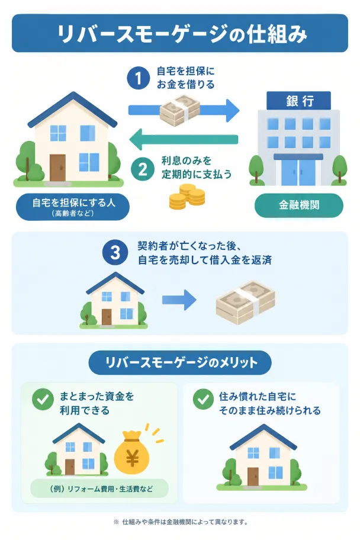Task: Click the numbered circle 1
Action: [x=138, y=78]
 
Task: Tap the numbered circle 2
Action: [x=142, y=169]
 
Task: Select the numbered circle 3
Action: [x=115, y=252]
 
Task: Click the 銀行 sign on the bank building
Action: [x=298, y=101]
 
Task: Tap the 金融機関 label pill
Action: [x=298, y=205]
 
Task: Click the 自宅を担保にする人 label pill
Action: [x=73, y=207]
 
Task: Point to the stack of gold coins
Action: [x=187, y=197]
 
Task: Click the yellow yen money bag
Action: [x=132, y=453]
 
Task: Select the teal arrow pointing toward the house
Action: [x=184, y=140]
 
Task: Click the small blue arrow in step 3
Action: [x=179, y=300]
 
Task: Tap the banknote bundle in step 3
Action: [x=245, y=303]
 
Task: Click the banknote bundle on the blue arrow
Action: [x=179, y=110]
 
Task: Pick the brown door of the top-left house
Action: [x=57, y=168]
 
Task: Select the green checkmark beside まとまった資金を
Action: [x=43, y=400]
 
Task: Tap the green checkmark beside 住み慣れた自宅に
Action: [x=203, y=400]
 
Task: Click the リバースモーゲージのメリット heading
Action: [x=180, y=362]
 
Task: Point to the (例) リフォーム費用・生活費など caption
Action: [x=99, y=488]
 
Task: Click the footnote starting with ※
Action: [x=181, y=522]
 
